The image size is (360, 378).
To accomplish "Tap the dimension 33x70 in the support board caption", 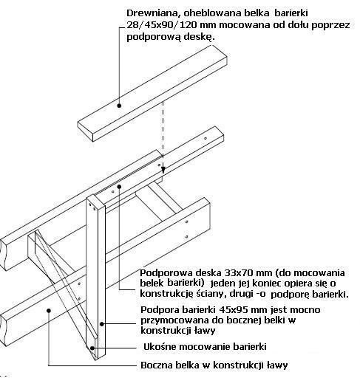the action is (239, 272).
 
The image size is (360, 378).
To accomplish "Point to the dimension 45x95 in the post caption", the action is (233, 309).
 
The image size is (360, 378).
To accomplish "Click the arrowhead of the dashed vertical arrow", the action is (163, 171).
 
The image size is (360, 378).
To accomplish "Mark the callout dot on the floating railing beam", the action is (119, 106).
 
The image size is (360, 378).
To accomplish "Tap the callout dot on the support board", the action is (119, 187).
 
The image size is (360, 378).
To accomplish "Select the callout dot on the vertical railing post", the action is (102, 324).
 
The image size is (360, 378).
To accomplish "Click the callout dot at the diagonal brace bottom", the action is (92, 348).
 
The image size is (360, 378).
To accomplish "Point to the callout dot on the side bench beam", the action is (49, 311).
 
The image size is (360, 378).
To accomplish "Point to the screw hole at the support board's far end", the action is (206, 139).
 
